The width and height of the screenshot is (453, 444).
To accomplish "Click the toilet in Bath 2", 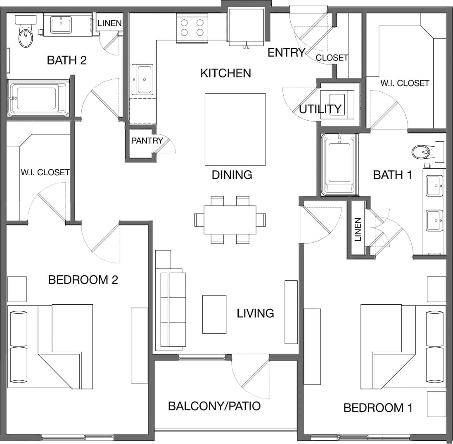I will (x=26, y=35).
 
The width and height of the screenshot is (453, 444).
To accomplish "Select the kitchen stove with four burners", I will (x=192, y=27).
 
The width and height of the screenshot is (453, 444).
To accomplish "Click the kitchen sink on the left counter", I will (x=143, y=79).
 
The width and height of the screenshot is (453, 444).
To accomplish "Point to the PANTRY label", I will (x=147, y=141).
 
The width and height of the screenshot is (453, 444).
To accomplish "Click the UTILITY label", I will (x=320, y=109).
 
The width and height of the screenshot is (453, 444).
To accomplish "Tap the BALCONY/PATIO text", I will (x=214, y=406).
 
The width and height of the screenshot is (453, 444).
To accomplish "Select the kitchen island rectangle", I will (x=235, y=129).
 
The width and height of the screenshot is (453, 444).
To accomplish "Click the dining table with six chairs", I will (x=230, y=220).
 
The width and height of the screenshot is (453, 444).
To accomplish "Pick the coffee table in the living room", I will (x=214, y=314).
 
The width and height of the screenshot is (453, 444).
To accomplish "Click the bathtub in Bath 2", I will (x=38, y=98).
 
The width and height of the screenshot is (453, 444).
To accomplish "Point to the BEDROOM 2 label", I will (x=83, y=280).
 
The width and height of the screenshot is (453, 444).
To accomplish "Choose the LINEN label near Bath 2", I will (x=110, y=23).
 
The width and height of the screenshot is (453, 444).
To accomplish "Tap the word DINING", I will (x=232, y=175).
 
